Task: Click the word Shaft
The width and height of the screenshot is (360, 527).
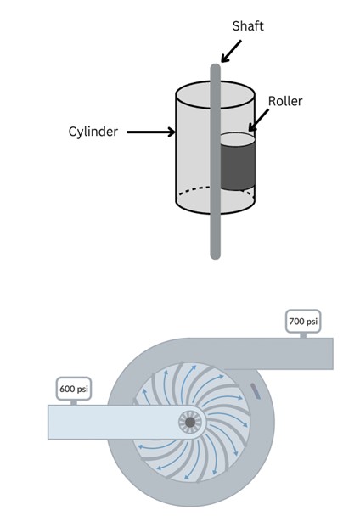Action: (x=248, y=25)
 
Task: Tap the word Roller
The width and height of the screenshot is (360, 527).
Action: (x=285, y=101)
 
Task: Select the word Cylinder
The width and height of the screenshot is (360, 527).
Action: (x=93, y=132)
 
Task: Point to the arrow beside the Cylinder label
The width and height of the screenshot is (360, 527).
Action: (x=151, y=132)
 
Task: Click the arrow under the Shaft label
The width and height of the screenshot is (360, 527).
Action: (x=231, y=51)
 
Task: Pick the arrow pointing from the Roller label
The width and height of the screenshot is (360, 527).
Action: (x=258, y=120)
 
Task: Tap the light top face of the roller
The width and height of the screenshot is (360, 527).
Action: (x=237, y=139)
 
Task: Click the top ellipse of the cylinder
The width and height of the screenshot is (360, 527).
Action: (x=215, y=94)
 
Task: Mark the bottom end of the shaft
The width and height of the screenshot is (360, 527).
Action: (x=215, y=257)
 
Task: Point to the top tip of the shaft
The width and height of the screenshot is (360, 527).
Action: (x=215, y=64)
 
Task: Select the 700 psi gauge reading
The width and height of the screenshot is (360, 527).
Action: (x=303, y=322)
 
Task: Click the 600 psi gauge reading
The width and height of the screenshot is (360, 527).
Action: (x=74, y=389)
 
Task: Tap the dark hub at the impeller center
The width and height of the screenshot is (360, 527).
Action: (x=190, y=422)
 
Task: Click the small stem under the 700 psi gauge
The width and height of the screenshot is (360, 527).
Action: (x=303, y=335)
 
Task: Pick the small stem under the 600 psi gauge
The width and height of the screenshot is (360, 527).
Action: (x=74, y=402)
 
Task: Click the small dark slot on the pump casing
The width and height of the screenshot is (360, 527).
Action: (x=256, y=391)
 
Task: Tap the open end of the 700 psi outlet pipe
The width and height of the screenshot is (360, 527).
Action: (x=333, y=354)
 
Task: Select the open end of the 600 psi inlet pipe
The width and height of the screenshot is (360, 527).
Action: (x=49, y=422)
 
